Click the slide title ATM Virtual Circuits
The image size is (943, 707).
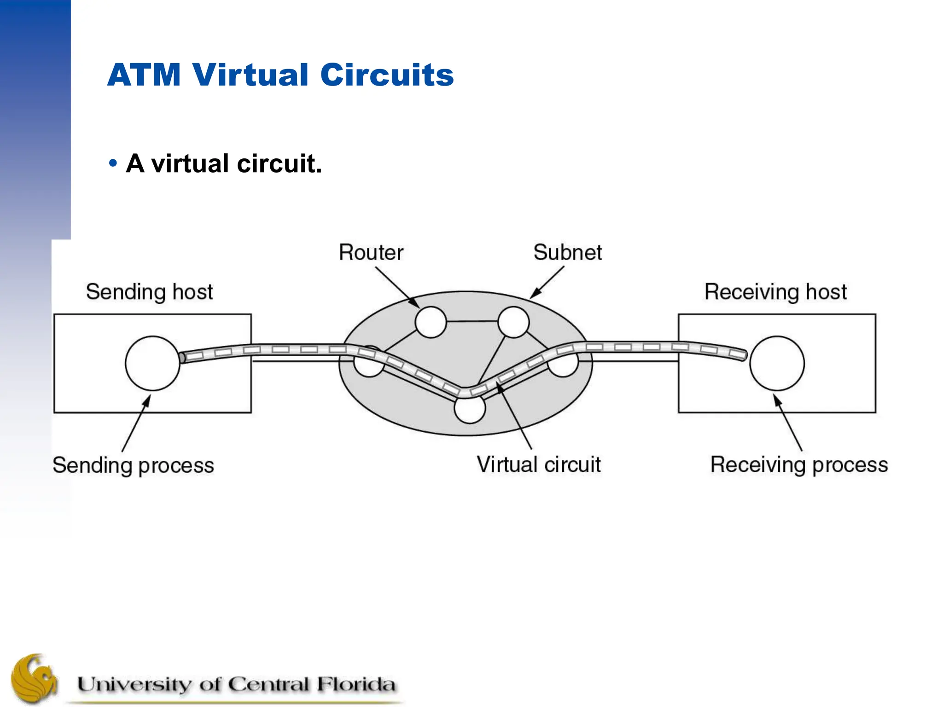(280, 75)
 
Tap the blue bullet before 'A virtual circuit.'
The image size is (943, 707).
(113, 163)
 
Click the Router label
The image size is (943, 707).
(371, 252)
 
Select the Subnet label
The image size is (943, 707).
(567, 252)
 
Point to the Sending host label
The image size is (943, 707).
(149, 292)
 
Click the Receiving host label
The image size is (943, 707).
(775, 292)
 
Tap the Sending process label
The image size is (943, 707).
(133, 465)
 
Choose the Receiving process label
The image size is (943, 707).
(799, 465)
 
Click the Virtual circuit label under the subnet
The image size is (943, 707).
(538, 464)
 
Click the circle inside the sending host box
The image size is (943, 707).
(152, 364)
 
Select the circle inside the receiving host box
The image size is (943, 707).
(777, 364)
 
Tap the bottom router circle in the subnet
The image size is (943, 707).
(469, 409)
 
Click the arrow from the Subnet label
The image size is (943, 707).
(547, 282)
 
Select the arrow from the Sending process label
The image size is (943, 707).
(136, 423)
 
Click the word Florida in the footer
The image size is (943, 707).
(355, 684)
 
